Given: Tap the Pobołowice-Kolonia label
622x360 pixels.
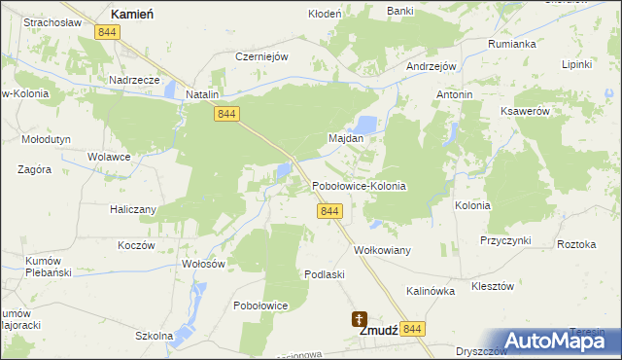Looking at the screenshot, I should click(358, 185).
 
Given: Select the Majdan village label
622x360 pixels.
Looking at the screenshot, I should click(346, 138).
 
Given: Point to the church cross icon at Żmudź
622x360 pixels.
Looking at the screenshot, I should click(360, 317).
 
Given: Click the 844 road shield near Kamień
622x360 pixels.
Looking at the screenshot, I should click(108, 32).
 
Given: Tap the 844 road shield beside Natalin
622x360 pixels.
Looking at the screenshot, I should click(227, 115).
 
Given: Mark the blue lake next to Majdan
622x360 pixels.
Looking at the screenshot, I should click(365, 124).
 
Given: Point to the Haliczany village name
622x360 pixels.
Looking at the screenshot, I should click(127, 208).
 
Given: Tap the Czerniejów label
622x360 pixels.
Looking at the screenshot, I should click(262, 56).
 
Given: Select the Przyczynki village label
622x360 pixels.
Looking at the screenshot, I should click(503, 239).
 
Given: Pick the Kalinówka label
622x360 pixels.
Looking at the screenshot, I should click(431, 291).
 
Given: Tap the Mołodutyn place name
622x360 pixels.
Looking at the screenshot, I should click(46, 139).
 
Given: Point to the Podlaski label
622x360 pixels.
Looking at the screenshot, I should click(325, 274).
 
